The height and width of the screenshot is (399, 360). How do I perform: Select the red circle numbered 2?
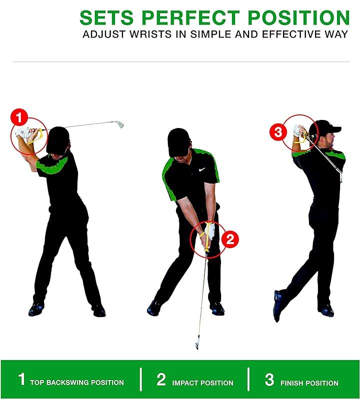[x=230, y=239]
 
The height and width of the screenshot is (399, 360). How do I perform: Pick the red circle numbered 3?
[x=278, y=132]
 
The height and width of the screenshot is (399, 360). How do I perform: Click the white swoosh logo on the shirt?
[x=202, y=169]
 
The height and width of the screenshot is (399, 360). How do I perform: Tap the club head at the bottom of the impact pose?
[x=196, y=345]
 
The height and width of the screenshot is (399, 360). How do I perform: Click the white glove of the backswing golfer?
[x=22, y=133]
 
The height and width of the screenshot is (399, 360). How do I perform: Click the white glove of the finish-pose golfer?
[x=297, y=130]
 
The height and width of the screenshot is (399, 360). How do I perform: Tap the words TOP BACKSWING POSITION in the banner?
[x=77, y=382]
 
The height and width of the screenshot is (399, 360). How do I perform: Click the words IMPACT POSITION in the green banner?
[x=202, y=382]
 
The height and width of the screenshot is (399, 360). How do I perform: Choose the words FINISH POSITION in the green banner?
[x=309, y=382]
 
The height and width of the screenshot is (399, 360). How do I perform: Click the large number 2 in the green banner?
[x=161, y=379]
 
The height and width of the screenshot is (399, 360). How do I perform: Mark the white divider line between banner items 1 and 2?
[x=140, y=379]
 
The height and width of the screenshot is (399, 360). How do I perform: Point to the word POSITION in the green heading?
[x=298, y=17]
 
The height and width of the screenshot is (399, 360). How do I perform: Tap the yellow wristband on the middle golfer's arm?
[x=202, y=234]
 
